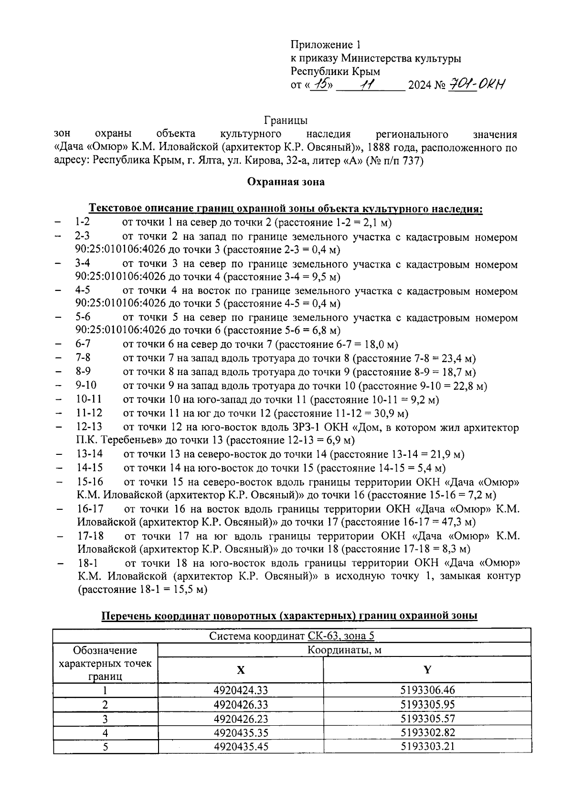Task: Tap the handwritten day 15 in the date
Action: pyautogui.click(x=319, y=85)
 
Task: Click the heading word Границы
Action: pyautogui.click(x=286, y=120)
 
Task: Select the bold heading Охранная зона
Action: pyautogui.click(x=286, y=182)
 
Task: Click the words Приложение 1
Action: pyautogui.click(x=326, y=45)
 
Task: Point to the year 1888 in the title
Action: pyautogui.click(x=382, y=147)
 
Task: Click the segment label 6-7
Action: pyautogui.click(x=83, y=344)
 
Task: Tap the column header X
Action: pyautogui.click(x=241, y=670)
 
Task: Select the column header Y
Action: pyautogui.click(x=427, y=670)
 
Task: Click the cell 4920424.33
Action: pyautogui.click(x=241, y=690)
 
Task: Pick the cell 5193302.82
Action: pyautogui.click(x=427, y=733)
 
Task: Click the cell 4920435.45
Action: pyautogui.click(x=241, y=747)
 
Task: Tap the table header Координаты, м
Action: pyautogui.click(x=344, y=650)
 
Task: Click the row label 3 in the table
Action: pyautogui.click(x=105, y=719)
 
